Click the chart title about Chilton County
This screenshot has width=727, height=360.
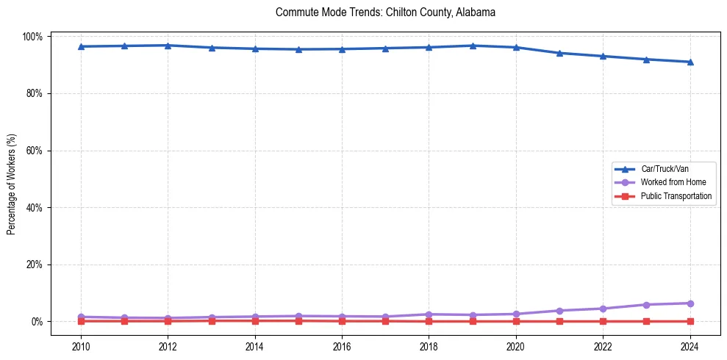(x=385, y=12)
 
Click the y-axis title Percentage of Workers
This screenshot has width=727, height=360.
(x=12, y=179)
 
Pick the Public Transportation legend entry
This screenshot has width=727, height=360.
(x=676, y=196)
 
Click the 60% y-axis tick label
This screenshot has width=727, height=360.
(x=35, y=151)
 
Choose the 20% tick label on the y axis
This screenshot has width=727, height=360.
(x=35, y=264)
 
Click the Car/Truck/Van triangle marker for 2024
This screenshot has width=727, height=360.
(x=690, y=62)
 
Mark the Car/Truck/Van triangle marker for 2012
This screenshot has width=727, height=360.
(x=168, y=46)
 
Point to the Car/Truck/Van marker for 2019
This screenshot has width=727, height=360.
(x=472, y=46)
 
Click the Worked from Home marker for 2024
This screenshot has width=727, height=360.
(x=690, y=303)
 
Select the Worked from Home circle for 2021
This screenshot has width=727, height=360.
(x=559, y=311)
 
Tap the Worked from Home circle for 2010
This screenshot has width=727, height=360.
(x=81, y=317)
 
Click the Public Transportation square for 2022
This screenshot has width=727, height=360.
(x=603, y=321)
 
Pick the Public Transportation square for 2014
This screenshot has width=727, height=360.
(x=255, y=320)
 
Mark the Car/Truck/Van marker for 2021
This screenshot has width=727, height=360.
(x=559, y=53)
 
